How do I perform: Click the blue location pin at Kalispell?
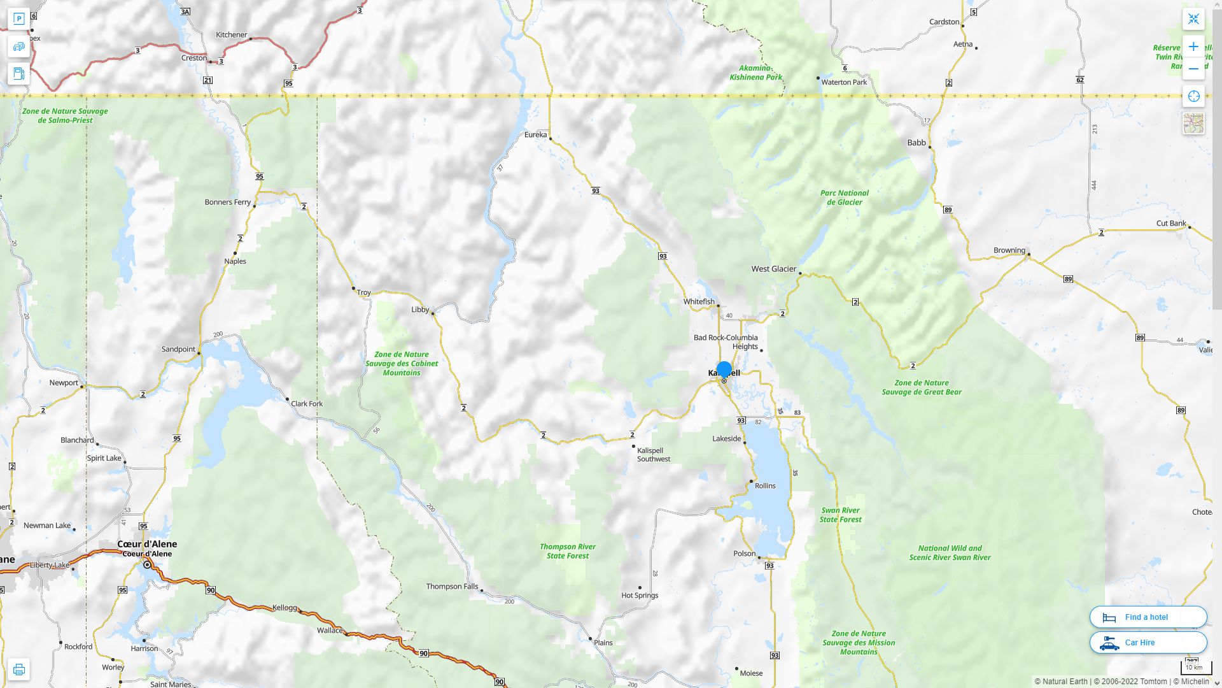(x=724, y=369)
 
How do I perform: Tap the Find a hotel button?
(x=1148, y=617)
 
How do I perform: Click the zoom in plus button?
(x=1193, y=47)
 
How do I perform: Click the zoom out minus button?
(x=1193, y=69)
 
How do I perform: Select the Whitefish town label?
(x=699, y=301)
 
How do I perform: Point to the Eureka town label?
(x=535, y=134)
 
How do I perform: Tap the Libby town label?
(x=420, y=310)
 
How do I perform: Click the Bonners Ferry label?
(x=227, y=202)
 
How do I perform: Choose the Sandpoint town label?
(x=178, y=349)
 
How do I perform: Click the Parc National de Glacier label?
(x=844, y=197)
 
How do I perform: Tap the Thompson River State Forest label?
(x=568, y=551)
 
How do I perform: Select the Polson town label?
(x=744, y=553)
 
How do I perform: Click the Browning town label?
(x=1009, y=250)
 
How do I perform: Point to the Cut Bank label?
(x=1171, y=223)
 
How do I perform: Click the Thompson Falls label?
(x=452, y=586)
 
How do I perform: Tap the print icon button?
(x=18, y=669)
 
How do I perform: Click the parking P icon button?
(x=18, y=18)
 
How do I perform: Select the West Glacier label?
(x=773, y=269)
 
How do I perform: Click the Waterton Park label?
(x=844, y=82)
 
